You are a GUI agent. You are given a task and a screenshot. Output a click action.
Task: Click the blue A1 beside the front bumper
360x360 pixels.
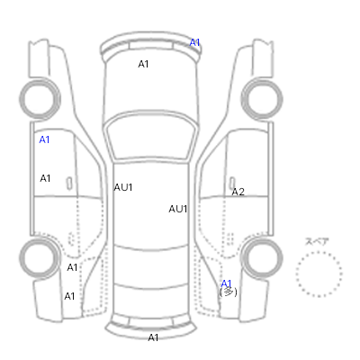pyautogui.click(x=194, y=42)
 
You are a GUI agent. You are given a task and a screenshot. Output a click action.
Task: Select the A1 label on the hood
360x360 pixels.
pyautogui.click(x=143, y=64)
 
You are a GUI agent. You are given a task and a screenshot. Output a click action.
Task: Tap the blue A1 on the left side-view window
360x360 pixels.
pyautogui.click(x=44, y=139)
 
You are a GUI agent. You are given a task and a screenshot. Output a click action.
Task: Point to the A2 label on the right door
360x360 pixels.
pyautogui.click(x=238, y=192)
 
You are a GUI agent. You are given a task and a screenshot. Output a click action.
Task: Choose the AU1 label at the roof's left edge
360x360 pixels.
pyautogui.click(x=123, y=187)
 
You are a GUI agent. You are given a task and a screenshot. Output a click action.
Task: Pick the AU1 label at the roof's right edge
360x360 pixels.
pyautogui.click(x=178, y=209)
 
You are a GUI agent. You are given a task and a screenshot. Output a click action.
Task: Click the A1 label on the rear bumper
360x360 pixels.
pyautogui.click(x=153, y=337)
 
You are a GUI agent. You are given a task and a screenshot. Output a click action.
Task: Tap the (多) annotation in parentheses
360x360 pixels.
pyautogui.click(x=229, y=292)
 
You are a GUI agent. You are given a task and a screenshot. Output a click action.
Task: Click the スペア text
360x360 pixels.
pyautogui.click(x=317, y=241)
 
